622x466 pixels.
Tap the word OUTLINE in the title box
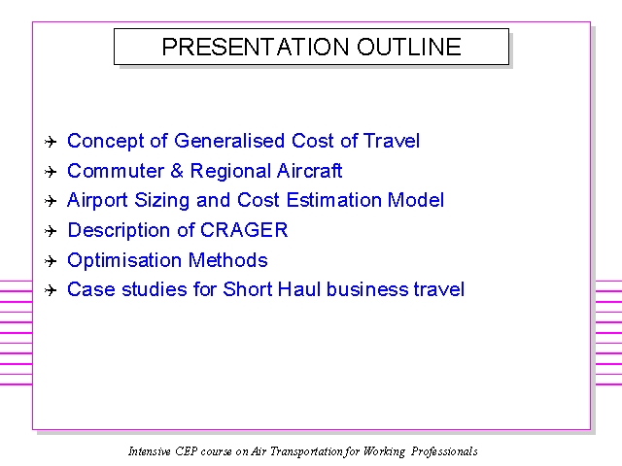coord(409,47)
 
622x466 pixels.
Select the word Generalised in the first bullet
coord(229,141)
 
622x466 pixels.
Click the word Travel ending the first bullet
coord(392,141)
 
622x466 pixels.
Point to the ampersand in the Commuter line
coord(177,171)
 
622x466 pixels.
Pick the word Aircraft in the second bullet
coord(309,171)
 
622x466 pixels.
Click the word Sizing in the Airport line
coord(162,201)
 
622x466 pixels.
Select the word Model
coord(416,200)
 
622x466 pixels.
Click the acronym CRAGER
coord(244,230)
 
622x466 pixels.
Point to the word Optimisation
coord(124,261)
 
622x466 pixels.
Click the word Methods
coord(228,260)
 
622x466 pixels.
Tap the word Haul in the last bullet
coord(299,289)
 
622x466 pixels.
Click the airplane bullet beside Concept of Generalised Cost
coord(51,142)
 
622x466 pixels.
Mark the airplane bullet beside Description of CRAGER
coord(51,231)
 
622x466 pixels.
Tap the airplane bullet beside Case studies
coord(51,290)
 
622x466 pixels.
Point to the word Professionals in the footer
coord(444,451)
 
